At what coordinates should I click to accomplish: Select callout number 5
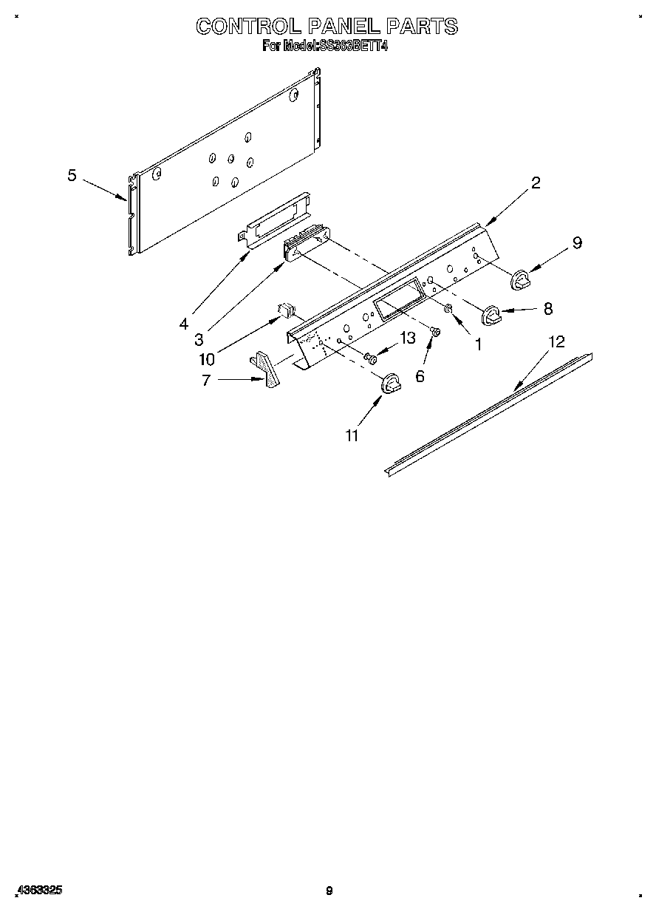click(72, 175)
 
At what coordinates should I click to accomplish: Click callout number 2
click(536, 183)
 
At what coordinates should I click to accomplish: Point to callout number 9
click(577, 242)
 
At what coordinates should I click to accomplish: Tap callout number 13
click(408, 338)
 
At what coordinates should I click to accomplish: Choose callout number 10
click(207, 359)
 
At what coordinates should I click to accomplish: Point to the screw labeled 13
click(371, 358)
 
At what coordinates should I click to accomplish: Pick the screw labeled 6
click(435, 333)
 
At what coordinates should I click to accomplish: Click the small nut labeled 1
click(448, 307)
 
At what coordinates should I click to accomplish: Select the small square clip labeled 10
click(285, 310)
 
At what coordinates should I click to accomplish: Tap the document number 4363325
click(38, 891)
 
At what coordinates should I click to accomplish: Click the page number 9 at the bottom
click(329, 891)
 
